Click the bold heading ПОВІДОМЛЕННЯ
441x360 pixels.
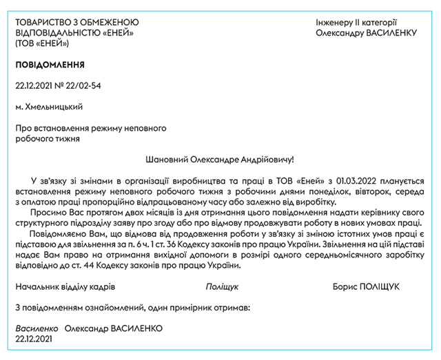50,65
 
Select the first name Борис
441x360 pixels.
345,286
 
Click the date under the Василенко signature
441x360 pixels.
34,339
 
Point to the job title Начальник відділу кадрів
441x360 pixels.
65,286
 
